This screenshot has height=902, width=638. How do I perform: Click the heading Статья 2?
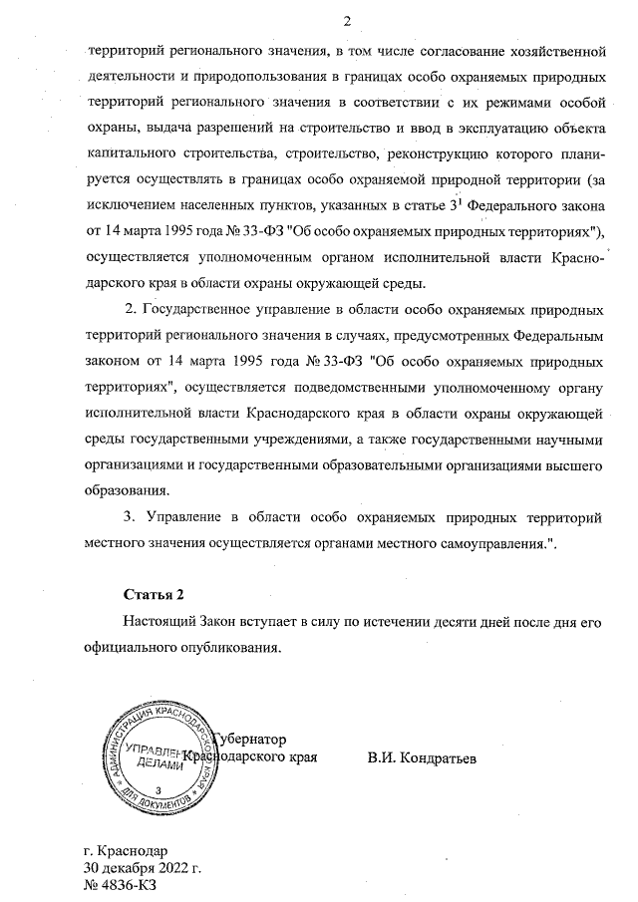[154, 596]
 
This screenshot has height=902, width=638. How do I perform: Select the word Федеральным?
[557, 334]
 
